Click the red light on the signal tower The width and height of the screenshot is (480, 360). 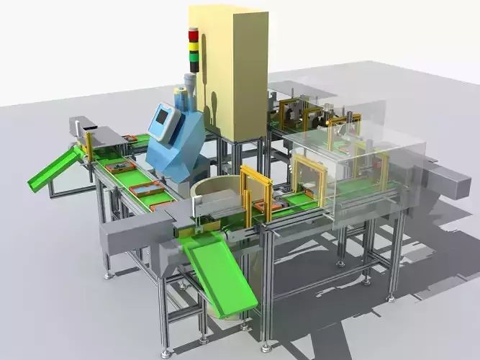click(193, 35)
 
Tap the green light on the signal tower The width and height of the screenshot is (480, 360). click(193, 57)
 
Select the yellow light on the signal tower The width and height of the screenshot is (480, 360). click(193, 46)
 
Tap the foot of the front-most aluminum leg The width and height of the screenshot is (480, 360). click(166, 353)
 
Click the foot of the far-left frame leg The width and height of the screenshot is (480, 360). click(49, 197)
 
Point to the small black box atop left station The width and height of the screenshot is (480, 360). click(89, 127)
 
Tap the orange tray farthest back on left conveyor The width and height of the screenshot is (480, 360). click(130, 138)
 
